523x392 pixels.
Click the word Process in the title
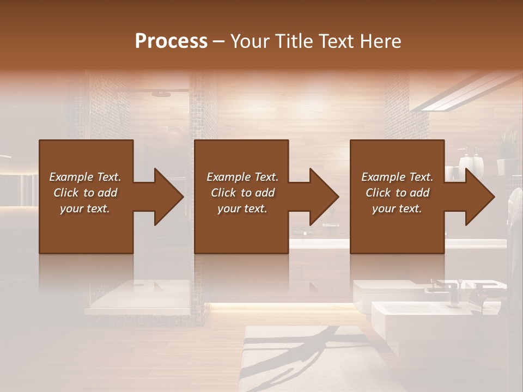[171, 41]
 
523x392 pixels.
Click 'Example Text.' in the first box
[85, 177]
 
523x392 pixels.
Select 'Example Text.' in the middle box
[242, 177]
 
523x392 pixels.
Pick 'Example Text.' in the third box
[397, 177]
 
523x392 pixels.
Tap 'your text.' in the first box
[85, 209]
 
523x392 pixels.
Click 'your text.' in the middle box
[242, 209]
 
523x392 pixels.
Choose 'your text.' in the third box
[397, 209]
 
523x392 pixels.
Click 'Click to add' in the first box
[85, 193]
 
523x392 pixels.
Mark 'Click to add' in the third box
[397, 193]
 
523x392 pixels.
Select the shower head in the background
[161, 94]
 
